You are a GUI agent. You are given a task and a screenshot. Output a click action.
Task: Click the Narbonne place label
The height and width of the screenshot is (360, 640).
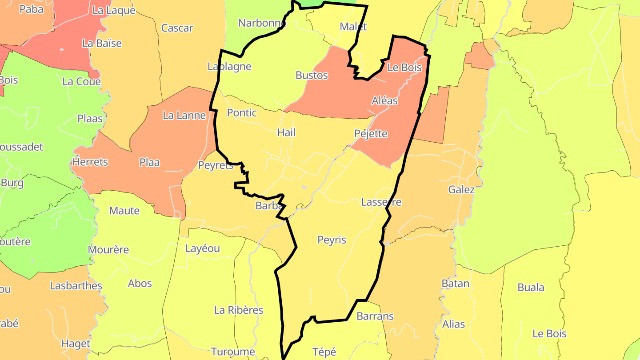262,23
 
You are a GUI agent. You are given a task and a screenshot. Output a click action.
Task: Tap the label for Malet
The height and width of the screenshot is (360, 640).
353,27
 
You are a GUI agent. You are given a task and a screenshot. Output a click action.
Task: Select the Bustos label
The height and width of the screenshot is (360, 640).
312,76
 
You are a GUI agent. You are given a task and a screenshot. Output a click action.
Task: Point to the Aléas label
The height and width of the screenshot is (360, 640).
384,101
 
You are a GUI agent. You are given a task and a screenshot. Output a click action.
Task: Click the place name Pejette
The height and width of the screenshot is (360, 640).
371,134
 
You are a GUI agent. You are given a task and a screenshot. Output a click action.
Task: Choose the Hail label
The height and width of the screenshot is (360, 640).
286,132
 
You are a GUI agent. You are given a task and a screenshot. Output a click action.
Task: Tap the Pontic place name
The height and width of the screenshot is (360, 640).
242,113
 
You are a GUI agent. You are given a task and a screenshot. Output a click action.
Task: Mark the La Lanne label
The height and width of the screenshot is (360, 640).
184,116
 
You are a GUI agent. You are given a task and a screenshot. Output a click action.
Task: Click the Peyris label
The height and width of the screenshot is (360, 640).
332,240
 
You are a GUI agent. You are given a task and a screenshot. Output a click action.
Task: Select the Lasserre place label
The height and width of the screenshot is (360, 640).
381,202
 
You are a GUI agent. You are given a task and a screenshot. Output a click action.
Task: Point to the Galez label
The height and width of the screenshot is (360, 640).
461,190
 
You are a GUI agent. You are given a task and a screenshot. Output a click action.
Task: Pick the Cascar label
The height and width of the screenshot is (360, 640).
177,28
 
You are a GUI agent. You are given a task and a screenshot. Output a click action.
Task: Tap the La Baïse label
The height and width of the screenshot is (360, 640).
102,44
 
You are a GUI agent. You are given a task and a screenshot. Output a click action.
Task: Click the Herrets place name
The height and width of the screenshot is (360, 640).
90,162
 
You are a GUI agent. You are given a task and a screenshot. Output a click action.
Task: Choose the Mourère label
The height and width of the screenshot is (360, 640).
108,250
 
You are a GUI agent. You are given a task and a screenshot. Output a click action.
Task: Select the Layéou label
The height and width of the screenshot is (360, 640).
202,248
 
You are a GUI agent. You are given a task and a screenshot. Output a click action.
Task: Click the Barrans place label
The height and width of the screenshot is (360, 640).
375,316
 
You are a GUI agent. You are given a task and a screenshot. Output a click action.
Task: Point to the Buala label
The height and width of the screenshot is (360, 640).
531,288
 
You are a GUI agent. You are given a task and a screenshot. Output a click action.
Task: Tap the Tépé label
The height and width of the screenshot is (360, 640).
324,352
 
